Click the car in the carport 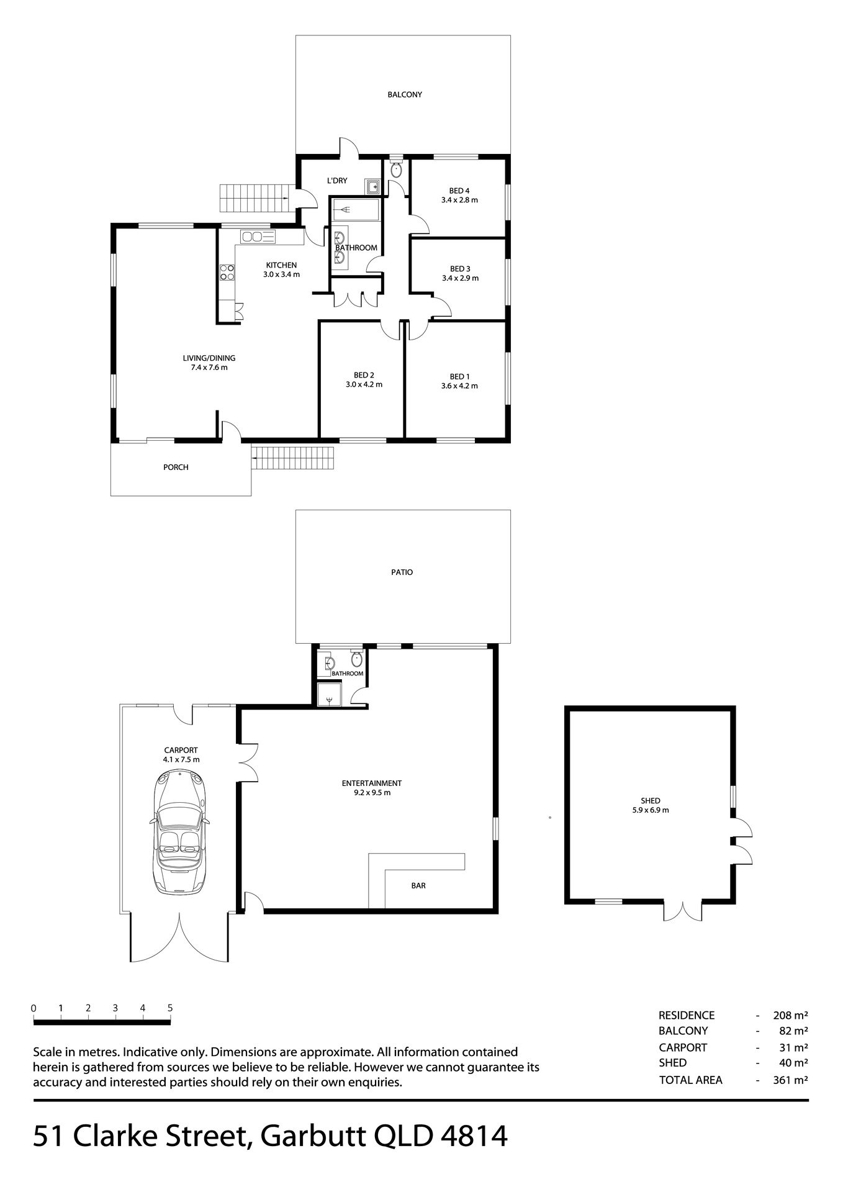coord(180,832)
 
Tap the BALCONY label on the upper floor coord(405,95)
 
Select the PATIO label coord(402,572)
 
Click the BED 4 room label coord(459,191)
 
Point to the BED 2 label coord(364,375)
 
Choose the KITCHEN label coord(281,265)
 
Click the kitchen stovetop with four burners coord(227,273)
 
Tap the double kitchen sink coord(258,237)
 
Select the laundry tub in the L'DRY coord(372,186)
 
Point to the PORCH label coord(176,467)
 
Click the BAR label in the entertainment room coord(418,886)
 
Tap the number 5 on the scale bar coord(170,1008)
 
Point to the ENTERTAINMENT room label coord(372,783)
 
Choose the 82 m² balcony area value coord(793,1031)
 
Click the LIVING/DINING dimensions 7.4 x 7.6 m coord(209,368)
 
